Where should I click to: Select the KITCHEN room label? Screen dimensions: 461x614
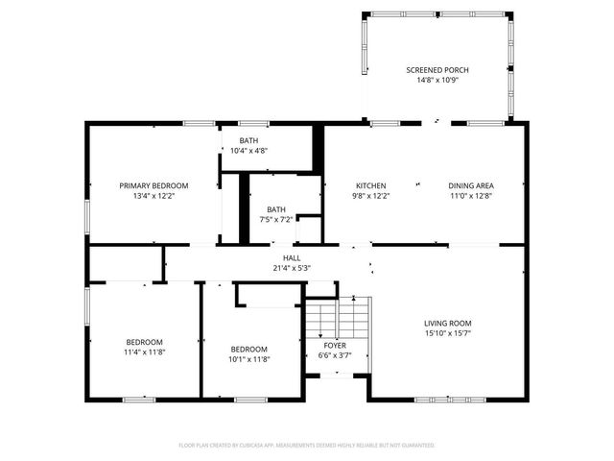(x=370, y=185)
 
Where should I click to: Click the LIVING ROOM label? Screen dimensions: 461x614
(x=448, y=323)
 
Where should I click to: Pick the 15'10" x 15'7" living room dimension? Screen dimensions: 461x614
(x=448, y=333)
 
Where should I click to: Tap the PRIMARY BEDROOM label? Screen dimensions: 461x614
(x=153, y=185)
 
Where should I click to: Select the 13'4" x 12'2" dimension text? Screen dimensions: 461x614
(x=153, y=196)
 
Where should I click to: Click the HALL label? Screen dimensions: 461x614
(x=292, y=257)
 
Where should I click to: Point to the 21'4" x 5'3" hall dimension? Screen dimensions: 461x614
(x=292, y=268)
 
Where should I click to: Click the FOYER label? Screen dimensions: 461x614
(x=334, y=345)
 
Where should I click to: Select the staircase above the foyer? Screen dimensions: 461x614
(x=338, y=317)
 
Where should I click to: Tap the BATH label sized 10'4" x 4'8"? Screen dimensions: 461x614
(x=249, y=140)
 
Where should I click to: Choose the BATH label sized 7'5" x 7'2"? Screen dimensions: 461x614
(x=276, y=209)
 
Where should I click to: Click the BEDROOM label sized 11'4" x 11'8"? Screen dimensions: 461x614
(x=144, y=342)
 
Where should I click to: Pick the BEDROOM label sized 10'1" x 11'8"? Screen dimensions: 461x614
(x=248, y=349)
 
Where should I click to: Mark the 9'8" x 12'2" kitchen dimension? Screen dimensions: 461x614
(x=370, y=196)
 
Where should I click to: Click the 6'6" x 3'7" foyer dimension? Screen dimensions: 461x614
(x=334, y=355)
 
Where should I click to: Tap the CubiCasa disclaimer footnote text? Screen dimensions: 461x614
(x=307, y=445)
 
